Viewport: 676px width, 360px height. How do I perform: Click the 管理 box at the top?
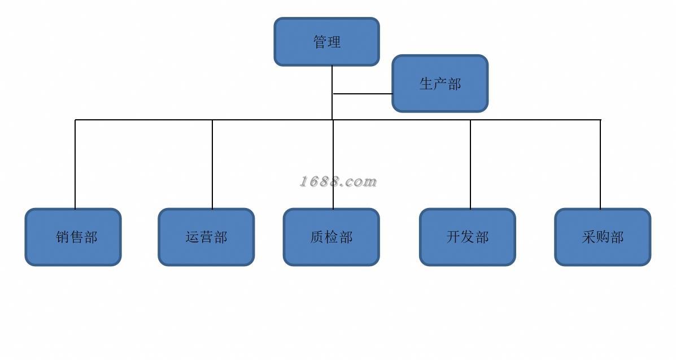pyautogui.click(x=326, y=41)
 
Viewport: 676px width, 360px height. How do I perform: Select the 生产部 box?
pyautogui.click(x=440, y=84)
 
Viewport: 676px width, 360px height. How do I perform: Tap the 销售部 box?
pyautogui.click(x=73, y=237)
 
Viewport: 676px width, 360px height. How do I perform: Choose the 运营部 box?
pyautogui.click(x=206, y=237)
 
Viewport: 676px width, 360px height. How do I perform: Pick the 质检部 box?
pyautogui.click(x=331, y=237)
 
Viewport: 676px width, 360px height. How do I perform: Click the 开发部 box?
pyautogui.click(x=467, y=237)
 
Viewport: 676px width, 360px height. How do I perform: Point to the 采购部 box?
pyautogui.click(x=603, y=237)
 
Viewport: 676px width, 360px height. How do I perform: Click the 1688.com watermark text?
pyautogui.click(x=338, y=181)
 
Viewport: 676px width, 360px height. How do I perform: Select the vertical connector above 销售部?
pyautogui.click(x=75, y=164)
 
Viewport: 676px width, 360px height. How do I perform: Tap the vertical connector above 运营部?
pyautogui.click(x=212, y=164)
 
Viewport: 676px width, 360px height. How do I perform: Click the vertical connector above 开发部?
pyautogui.click(x=470, y=164)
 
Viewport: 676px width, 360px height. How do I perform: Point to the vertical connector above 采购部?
pyautogui.click(x=600, y=164)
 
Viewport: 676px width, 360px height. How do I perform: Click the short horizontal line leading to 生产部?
pyautogui.click(x=363, y=94)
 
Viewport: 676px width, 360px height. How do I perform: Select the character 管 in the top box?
pyautogui.click(x=320, y=42)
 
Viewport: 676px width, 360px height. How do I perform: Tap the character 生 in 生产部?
pyautogui.click(x=426, y=84)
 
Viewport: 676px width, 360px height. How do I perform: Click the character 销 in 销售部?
pyautogui.click(x=63, y=237)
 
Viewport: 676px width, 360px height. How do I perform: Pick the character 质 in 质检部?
pyautogui.click(x=317, y=237)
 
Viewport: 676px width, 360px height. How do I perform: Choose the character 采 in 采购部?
pyautogui.click(x=588, y=237)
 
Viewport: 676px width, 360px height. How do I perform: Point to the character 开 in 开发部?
pyautogui.click(x=453, y=237)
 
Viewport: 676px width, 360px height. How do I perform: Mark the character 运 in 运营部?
pyautogui.click(x=192, y=237)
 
